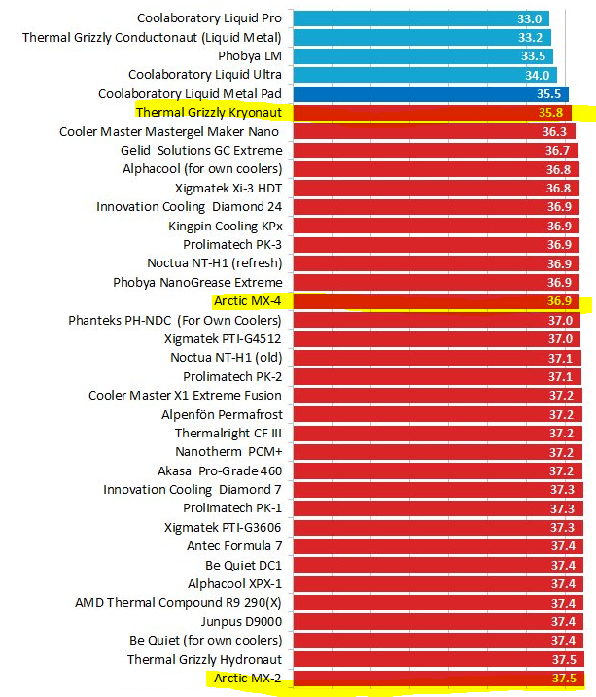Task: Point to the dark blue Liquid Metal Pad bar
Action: (429, 94)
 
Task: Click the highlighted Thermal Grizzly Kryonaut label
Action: (209, 113)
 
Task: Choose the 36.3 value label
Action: (554, 132)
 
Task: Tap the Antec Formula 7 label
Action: (234, 546)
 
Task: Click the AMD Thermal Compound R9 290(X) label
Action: (178, 603)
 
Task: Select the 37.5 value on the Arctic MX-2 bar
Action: (564, 678)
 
